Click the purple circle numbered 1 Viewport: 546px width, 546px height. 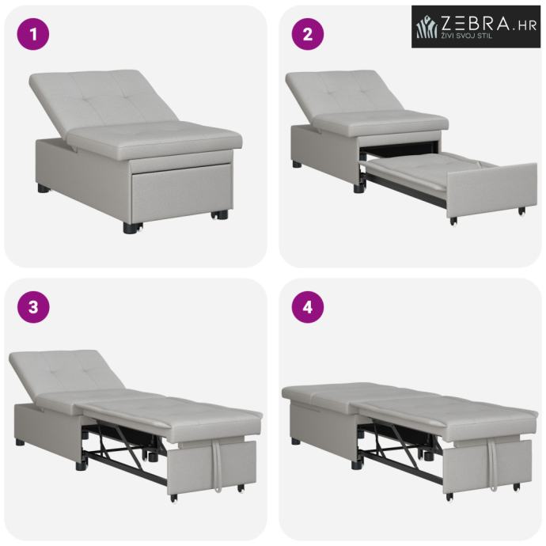[x=33, y=34]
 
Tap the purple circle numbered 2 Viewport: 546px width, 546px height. [x=308, y=34]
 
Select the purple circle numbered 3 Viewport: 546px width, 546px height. [x=33, y=308]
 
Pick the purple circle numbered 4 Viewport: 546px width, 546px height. [x=308, y=308]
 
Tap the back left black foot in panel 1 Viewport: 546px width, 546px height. [x=44, y=189]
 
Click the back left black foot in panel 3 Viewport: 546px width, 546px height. [x=21, y=443]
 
